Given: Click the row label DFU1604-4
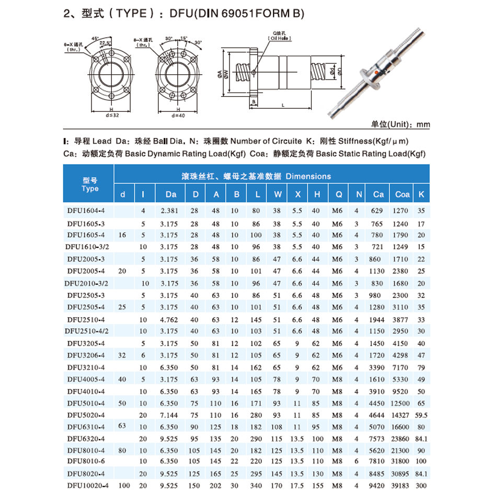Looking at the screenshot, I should coord(86,211).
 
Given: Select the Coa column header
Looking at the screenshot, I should coord(402,194).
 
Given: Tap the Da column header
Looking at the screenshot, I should coord(171,194).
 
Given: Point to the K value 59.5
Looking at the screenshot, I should coord(421,416).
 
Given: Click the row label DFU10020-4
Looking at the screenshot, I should coord(87,486).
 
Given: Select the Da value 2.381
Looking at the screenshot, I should coord(170,211).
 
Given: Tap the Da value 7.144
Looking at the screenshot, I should coord(170,416).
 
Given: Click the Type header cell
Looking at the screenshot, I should coord(90,184).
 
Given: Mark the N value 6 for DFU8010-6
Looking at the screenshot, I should coord(357,462).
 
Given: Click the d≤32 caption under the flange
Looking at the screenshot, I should coord(112,115).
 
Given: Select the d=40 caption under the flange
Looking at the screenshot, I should coord(178,115).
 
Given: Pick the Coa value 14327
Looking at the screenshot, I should coord(402,416).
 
